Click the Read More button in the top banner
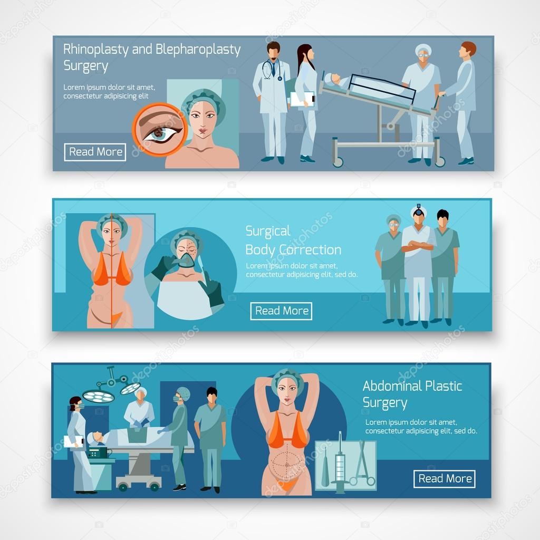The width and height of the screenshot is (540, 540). (95, 152)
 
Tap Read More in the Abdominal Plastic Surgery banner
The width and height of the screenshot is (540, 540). (445, 479)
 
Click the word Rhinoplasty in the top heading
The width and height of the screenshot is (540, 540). (95, 50)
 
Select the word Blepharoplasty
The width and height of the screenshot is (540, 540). (198, 50)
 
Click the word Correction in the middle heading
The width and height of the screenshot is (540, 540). (310, 249)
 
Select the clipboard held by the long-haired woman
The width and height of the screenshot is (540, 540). (302, 99)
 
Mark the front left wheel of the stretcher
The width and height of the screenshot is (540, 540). (338, 161)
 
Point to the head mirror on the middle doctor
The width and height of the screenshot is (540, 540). (419, 212)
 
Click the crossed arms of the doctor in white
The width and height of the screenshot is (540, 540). (418, 246)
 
